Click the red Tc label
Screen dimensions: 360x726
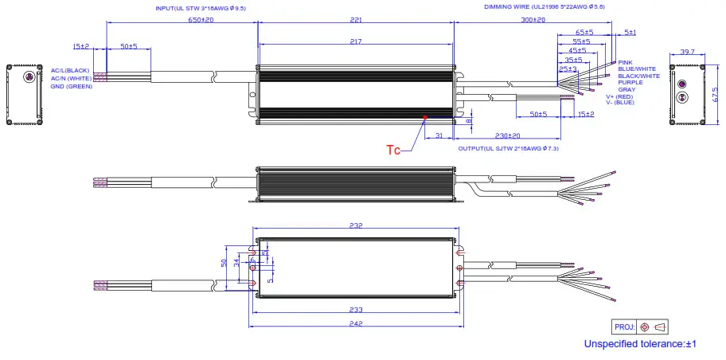click(393, 149)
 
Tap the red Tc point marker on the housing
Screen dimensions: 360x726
click(425, 118)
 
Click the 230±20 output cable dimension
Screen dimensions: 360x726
click(507, 136)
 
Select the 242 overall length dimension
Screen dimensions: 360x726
click(355, 323)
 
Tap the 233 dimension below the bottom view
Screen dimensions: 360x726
click(355, 310)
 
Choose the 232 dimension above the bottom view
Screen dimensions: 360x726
click(355, 225)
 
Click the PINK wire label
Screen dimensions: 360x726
click(626, 62)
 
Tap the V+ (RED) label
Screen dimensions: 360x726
click(620, 96)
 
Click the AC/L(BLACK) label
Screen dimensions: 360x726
click(70, 71)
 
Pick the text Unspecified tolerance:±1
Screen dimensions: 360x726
click(640, 344)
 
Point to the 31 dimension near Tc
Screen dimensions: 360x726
click(439, 136)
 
